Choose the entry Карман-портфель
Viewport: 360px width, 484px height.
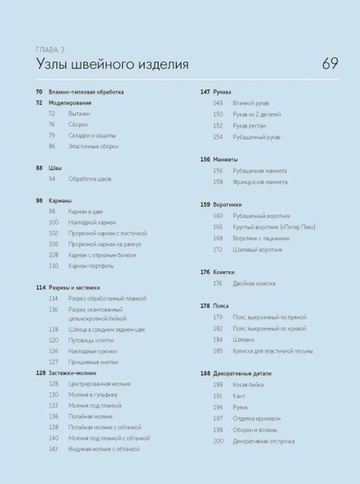[x=91, y=265]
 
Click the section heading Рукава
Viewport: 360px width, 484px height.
[x=221, y=93]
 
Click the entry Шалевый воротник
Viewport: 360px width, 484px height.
[x=257, y=250]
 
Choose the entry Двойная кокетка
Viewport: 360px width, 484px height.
[x=254, y=283]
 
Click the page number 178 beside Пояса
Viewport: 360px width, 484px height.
[x=205, y=307]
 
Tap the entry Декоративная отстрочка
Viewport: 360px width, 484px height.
[x=264, y=441]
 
